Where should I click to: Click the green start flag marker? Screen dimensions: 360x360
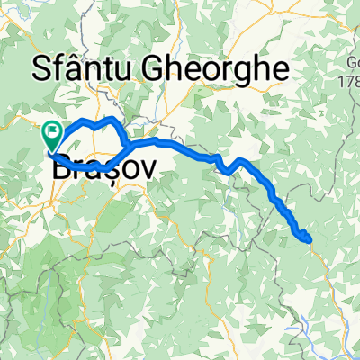pyautogui.click(x=52, y=135)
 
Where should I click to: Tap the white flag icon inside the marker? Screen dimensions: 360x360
pyautogui.click(x=52, y=132)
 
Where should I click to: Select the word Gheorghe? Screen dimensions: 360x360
pyautogui.click(x=218, y=68)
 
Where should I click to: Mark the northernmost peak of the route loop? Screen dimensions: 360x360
pyautogui.click(x=111, y=119)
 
